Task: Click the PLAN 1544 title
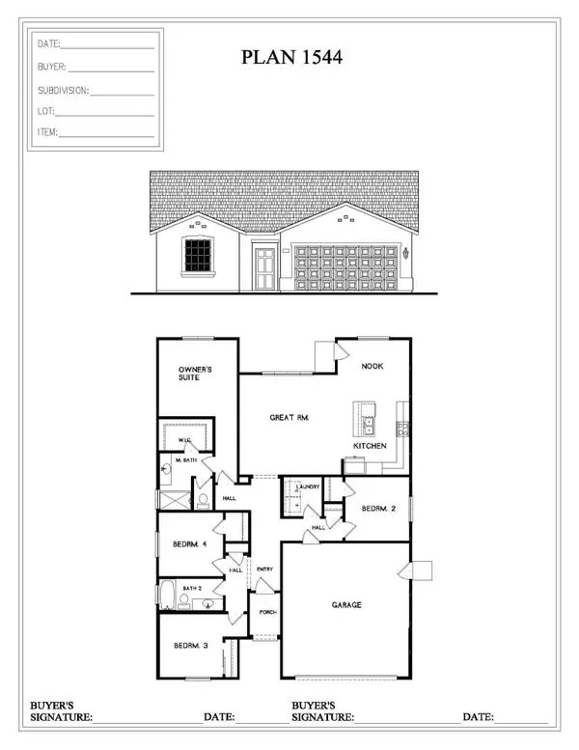[x=292, y=59]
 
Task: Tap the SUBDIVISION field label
[x=63, y=90]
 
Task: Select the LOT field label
[x=46, y=111]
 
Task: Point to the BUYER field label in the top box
[x=52, y=68]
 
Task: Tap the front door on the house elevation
[x=263, y=266]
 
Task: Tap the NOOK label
[x=373, y=368]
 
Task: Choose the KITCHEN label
[x=370, y=446]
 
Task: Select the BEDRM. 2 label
[x=376, y=509]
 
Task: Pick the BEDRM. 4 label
[x=190, y=544]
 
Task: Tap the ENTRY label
[x=265, y=569]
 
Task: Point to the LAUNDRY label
[x=309, y=486]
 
